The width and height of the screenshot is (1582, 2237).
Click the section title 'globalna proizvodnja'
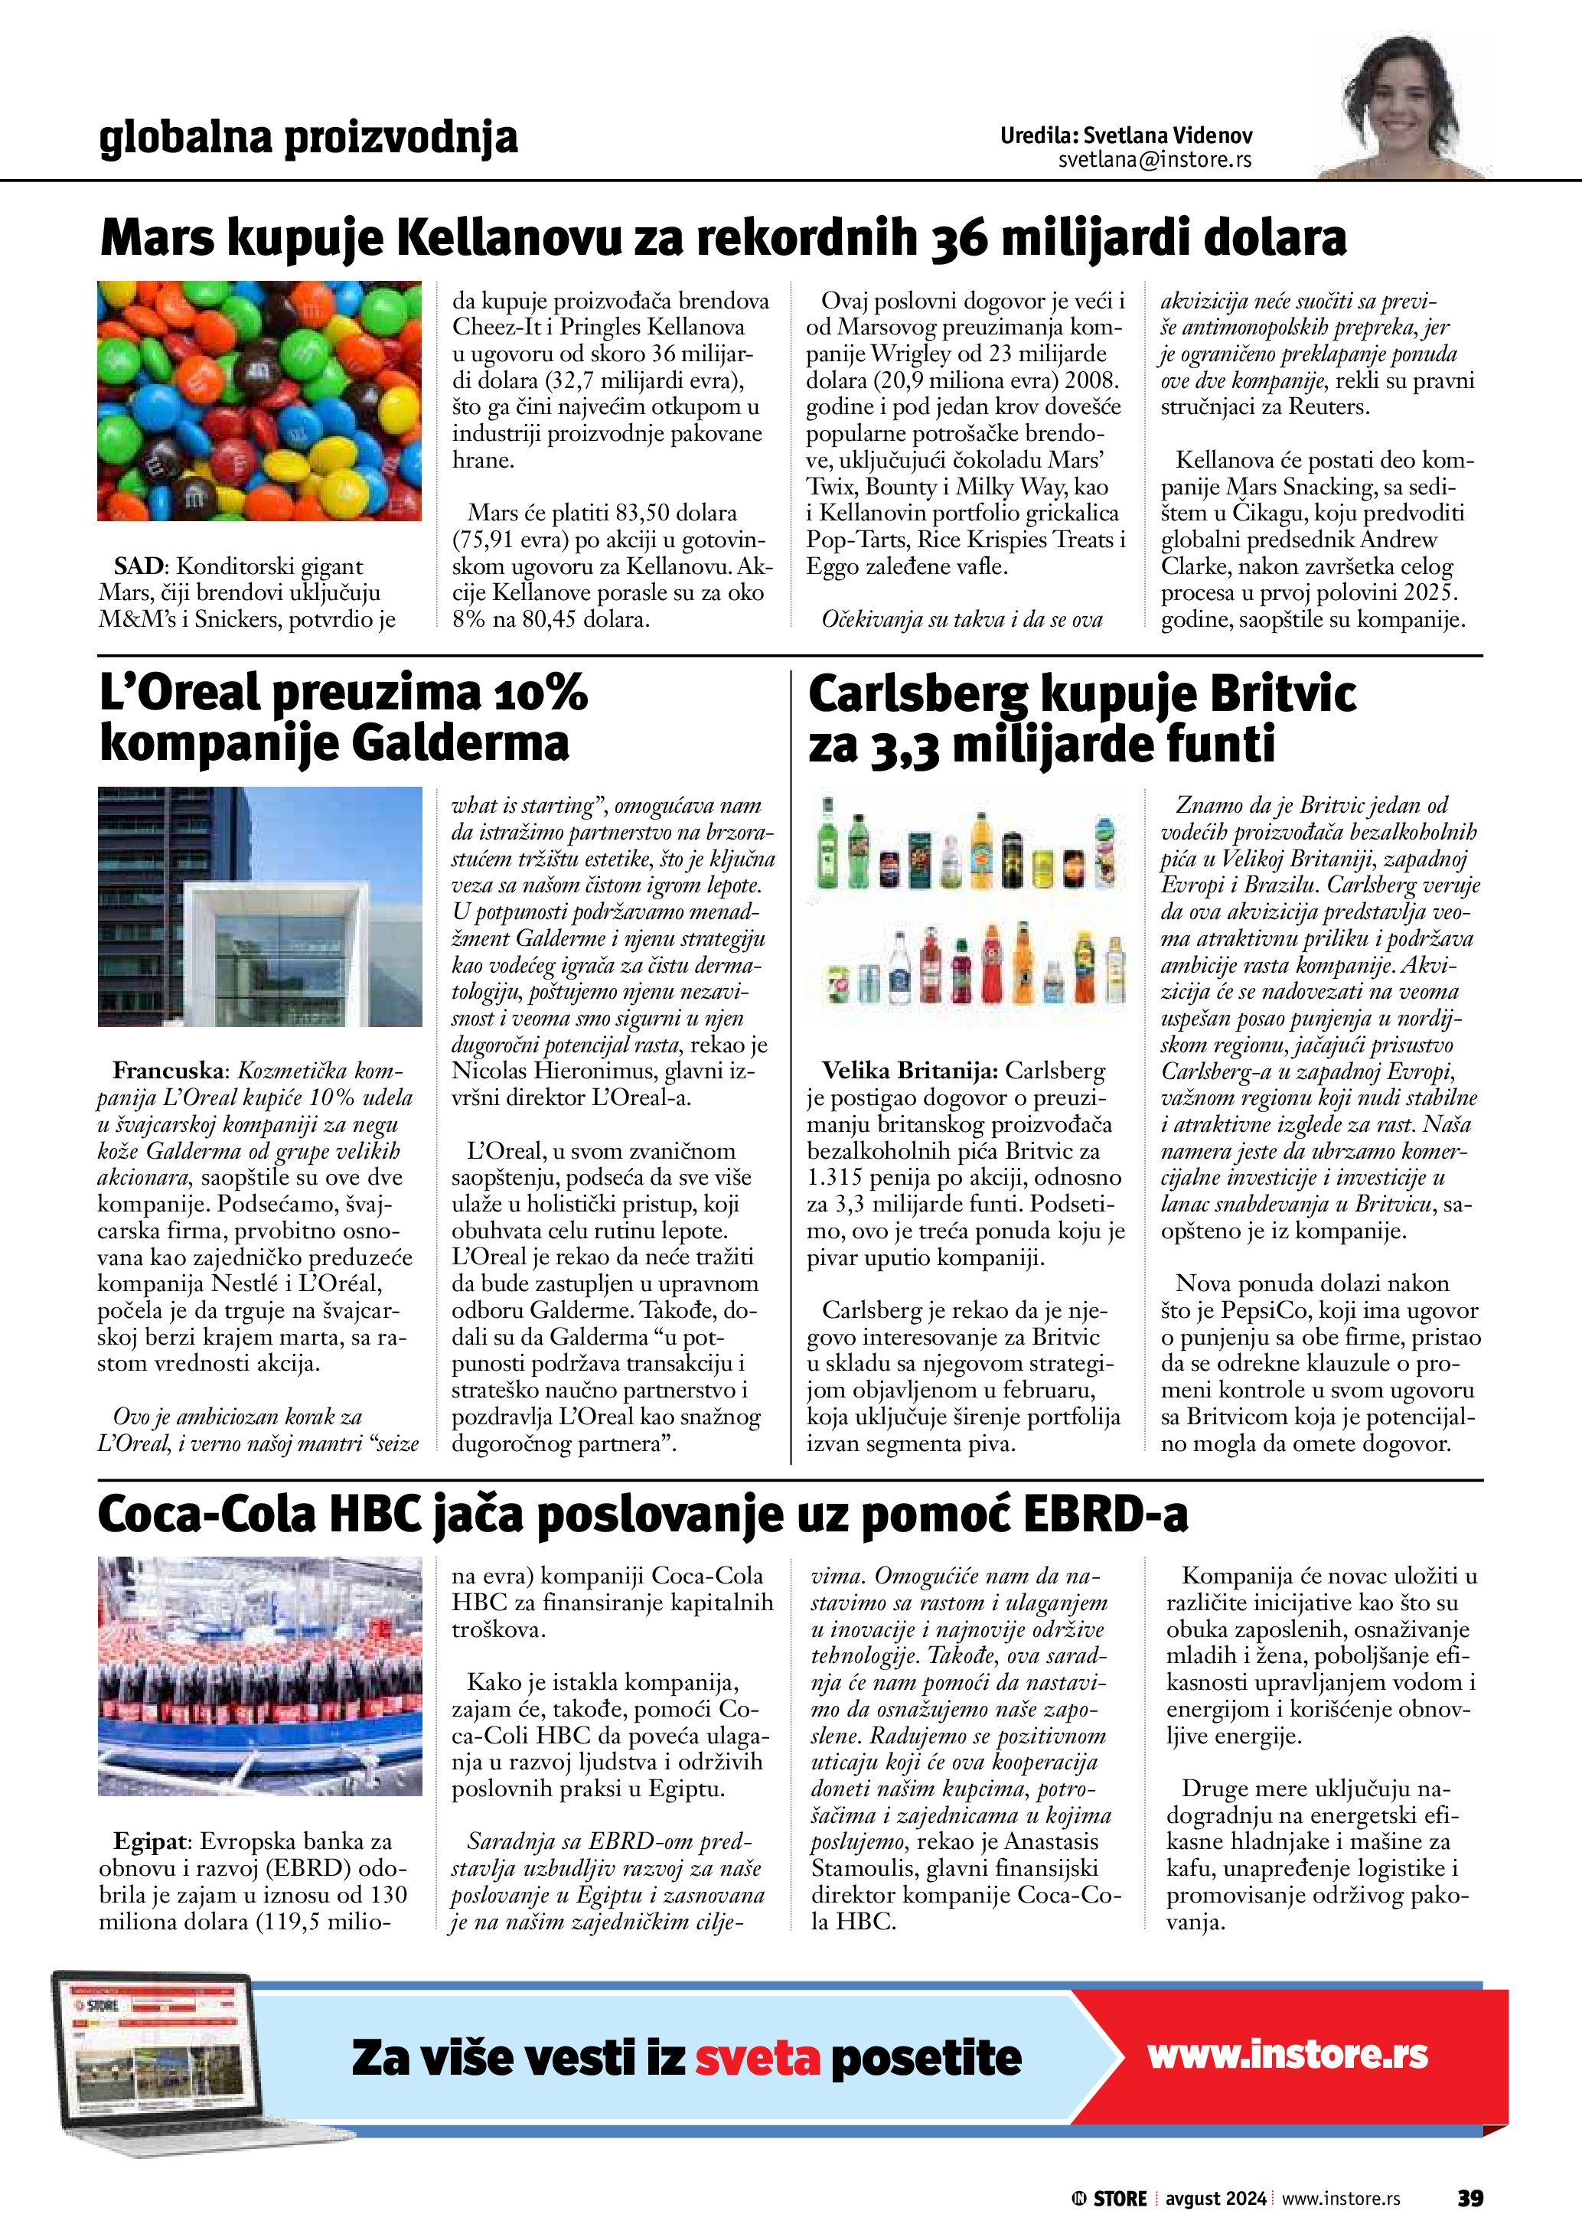[308, 139]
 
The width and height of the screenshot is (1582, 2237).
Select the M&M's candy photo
[259, 400]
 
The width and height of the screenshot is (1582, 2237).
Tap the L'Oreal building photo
[259, 906]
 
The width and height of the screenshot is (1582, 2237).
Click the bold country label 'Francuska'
[168, 1071]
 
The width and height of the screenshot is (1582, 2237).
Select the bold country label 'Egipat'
[151, 1841]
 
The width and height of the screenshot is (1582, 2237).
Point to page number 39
[1470, 2198]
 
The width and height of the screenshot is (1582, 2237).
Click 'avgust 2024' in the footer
[1215, 2199]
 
